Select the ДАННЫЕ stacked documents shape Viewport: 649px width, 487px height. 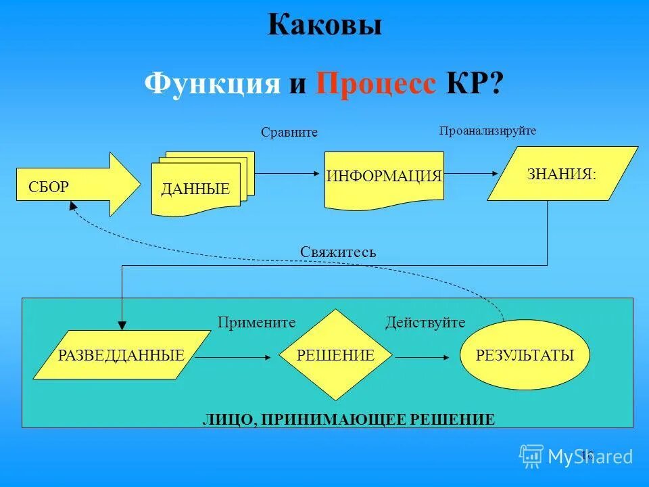pos(199,185)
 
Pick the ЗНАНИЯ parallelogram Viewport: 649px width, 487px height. pos(562,175)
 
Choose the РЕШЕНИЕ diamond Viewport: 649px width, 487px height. pos(336,354)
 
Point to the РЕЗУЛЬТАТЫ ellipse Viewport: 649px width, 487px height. pos(525,354)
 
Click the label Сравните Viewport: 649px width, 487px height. pos(289,133)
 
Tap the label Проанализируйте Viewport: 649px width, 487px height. pos(487,131)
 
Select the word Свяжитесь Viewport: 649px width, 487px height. pos(338,252)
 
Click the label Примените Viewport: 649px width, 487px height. pos(257,323)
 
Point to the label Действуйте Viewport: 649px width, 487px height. pos(425,323)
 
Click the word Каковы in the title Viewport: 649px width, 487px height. pos(324,26)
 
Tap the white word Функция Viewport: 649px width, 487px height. pos(212,85)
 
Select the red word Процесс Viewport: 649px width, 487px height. pos(376,85)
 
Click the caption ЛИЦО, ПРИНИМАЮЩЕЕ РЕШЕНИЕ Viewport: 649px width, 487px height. pos(349,419)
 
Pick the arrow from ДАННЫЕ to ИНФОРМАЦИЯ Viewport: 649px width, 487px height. pos(287,174)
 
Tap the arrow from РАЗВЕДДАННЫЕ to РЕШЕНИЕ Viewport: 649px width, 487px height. pos(233,356)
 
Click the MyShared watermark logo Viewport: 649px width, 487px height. pos(576,457)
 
